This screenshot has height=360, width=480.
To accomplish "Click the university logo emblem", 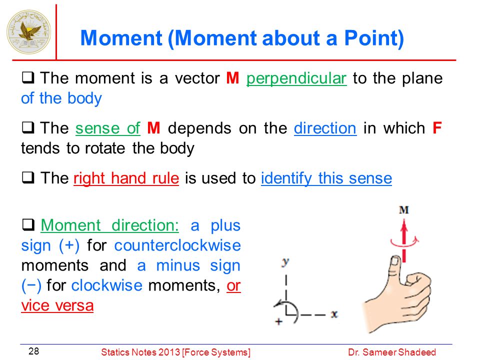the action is (29, 32).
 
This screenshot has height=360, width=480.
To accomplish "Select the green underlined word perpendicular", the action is (296, 78).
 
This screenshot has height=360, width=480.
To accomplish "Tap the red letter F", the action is (437, 128).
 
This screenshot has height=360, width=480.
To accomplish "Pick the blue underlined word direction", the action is (325, 128).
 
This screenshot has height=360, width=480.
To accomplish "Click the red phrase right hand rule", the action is (126, 178).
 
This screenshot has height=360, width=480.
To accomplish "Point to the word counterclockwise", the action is (177, 245).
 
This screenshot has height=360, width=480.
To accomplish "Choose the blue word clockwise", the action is (107, 285).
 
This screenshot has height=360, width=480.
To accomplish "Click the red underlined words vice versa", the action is (57, 305).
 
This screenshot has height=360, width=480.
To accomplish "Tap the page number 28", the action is (33, 351).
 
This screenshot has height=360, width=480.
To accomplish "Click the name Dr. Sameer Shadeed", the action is (392, 352).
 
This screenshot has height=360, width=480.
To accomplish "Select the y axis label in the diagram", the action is (285, 262).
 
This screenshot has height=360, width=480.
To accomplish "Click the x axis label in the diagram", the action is (334, 314).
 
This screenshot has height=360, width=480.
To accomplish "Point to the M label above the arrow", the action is (404, 210).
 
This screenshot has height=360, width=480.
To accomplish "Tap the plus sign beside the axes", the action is (278, 321).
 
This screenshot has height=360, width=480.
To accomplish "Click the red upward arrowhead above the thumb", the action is (404, 226).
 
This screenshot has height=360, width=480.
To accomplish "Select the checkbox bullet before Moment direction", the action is (28, 225).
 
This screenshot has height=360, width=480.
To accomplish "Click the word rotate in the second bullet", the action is (105, 148).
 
